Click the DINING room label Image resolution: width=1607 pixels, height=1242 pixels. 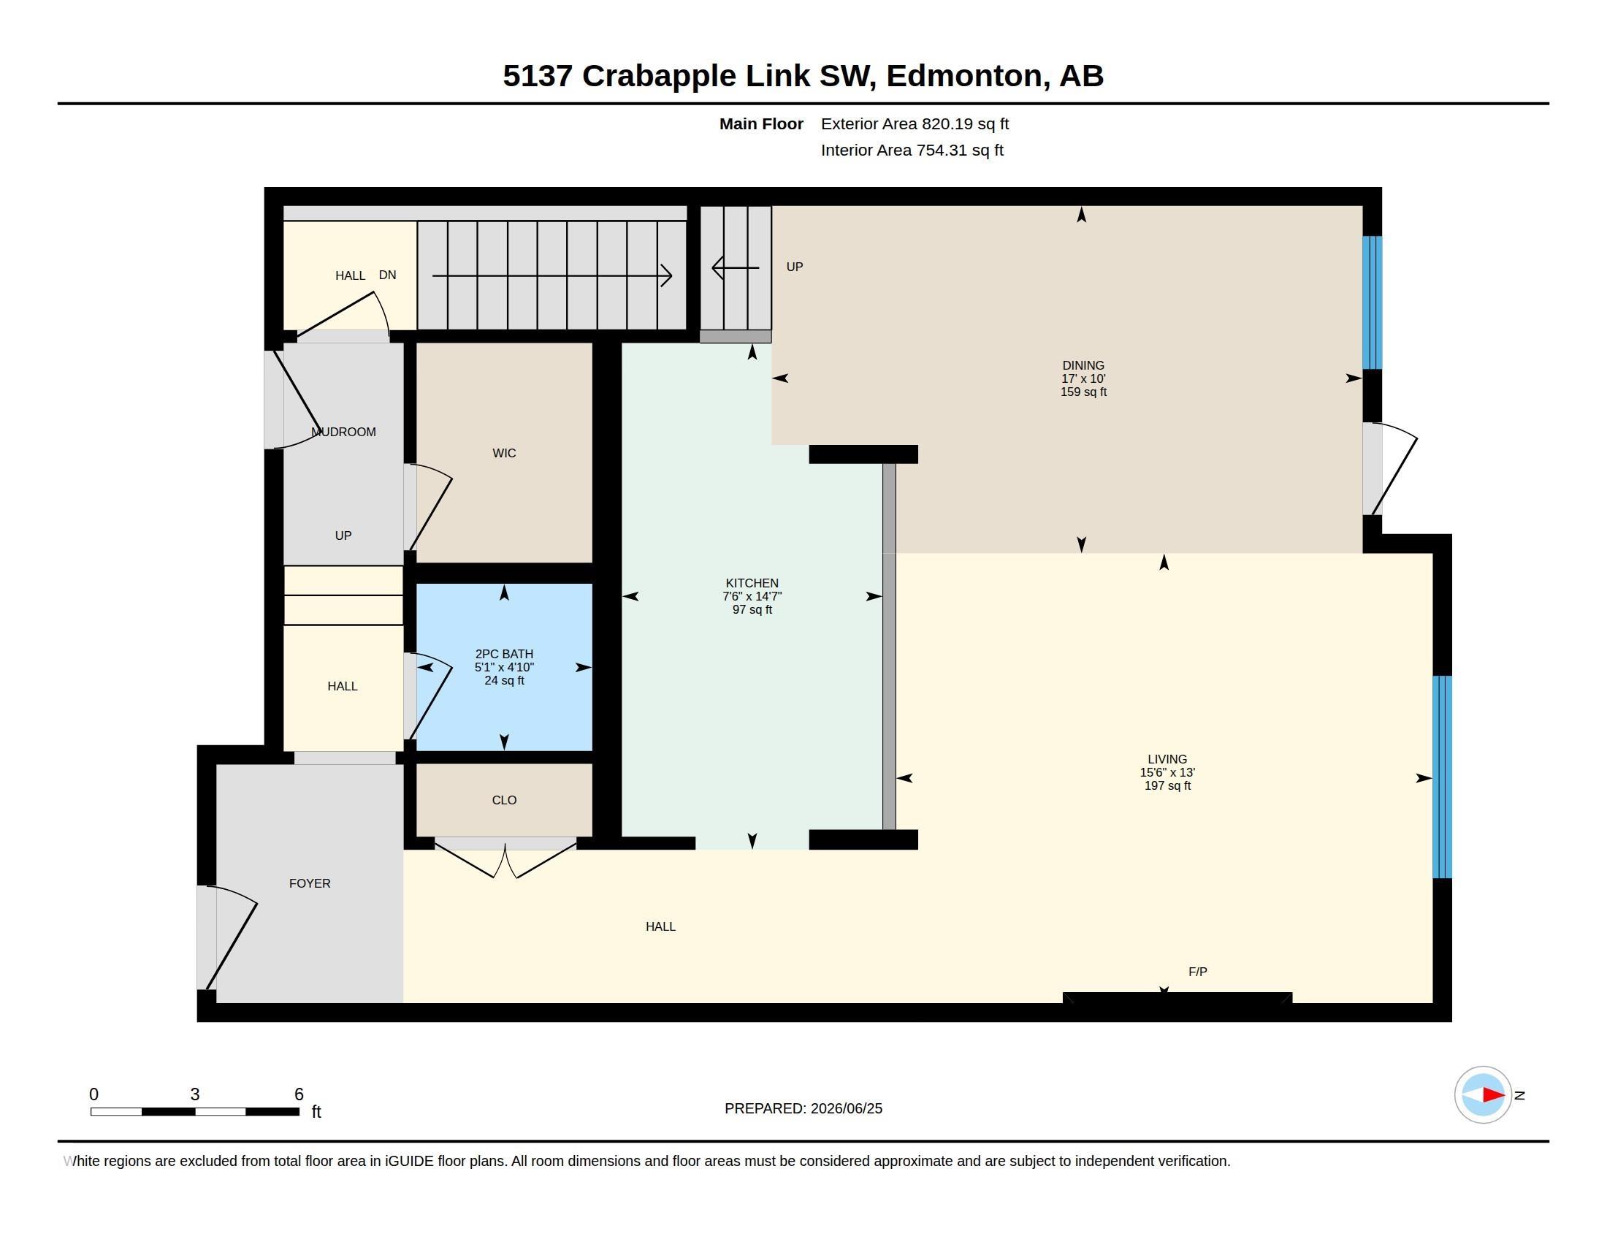(1083, 366)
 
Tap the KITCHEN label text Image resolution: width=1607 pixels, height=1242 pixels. (751, 584)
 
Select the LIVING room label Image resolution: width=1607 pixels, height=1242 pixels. (1167, 759)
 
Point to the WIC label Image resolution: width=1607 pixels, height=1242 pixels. (504, 453)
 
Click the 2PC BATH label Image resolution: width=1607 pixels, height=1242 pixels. (504, 654)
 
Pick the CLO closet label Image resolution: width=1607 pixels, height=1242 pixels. (504, 801)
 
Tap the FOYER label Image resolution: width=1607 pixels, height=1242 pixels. (310, 884)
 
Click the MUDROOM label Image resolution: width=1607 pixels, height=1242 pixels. (343, 432)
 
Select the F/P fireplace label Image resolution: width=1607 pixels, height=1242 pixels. (1198, 972)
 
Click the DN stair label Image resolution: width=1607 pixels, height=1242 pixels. (388, 275)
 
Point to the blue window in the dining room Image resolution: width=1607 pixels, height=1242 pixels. (1373, 302)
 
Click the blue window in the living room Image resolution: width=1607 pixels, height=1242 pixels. (1442, 777)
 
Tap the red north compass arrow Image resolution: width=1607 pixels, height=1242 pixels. (1494, 1095)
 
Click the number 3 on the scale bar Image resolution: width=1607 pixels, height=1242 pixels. (195, 1094)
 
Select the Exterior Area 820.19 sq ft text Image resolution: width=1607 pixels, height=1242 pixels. (915, 124)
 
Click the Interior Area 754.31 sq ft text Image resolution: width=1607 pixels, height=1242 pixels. (912, 151)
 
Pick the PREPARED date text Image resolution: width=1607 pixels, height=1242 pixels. (803, 1108)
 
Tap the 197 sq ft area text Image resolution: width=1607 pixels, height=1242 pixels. (1167, 786)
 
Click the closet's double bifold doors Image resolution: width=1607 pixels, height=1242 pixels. (505, 858)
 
